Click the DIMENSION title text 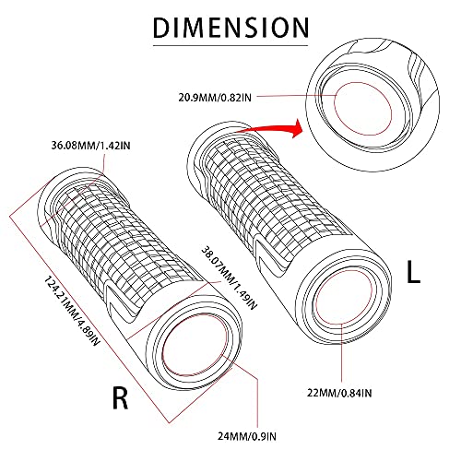(x=230, y=28)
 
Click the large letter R (x=121, y=399)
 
